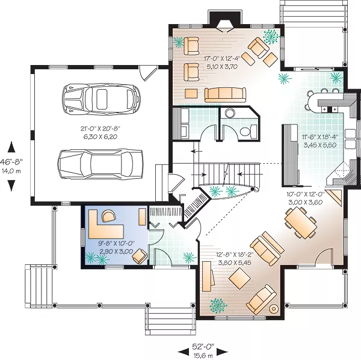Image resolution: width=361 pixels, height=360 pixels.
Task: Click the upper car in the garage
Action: coord(101,99)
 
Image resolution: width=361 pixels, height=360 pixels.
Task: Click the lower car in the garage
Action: coord(100,164)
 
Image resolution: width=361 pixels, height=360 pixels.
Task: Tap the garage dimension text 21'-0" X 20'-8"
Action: coord(100,129)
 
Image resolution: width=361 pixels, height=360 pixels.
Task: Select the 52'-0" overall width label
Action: coord(203,346)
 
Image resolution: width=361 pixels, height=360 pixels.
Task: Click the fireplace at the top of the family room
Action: coord(224,25)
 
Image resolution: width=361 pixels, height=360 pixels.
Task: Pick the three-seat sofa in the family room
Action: coord(225,95)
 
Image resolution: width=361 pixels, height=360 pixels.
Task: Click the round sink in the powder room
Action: coord(230,113)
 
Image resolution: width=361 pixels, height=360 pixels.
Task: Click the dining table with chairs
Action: coord(300,223)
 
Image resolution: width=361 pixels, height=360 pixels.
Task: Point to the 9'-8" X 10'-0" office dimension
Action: coord(116,243)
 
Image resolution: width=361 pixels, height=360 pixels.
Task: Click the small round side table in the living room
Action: coord(274,309)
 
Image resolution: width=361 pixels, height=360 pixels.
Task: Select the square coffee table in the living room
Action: coord(239,278)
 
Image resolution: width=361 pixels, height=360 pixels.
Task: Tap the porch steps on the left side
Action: coord(39,285)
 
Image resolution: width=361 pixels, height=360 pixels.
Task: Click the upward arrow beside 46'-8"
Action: coord(11,147)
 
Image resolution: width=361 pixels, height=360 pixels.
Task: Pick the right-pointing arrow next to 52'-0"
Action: coord(222,352)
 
